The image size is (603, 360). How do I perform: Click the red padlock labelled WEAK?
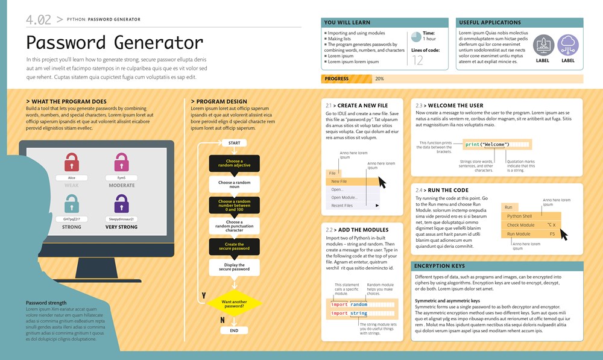[x=72, y=162]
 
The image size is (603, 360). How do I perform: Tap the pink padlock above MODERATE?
[x=122, y=162]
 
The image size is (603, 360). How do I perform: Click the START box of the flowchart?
[x=234, y=143]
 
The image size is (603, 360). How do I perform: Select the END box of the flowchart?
[x=234, y=330]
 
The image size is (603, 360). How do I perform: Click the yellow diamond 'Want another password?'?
[x=234, y=303]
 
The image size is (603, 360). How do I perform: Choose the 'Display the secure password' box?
[x=234, y=267]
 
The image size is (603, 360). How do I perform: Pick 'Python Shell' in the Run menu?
[x=519, y=216]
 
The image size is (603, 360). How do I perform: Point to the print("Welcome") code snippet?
[x=488, y=145]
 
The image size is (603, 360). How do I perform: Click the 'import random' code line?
[x=350, y=305]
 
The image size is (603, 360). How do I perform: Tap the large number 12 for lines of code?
[x=417, y=60]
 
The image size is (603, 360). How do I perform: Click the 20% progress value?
[x=379, y=79]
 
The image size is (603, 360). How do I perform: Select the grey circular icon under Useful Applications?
[x=543, y=45]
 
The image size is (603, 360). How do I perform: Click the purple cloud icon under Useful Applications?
[x=568, y=45]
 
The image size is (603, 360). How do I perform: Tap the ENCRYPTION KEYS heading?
[x=439, y=266]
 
